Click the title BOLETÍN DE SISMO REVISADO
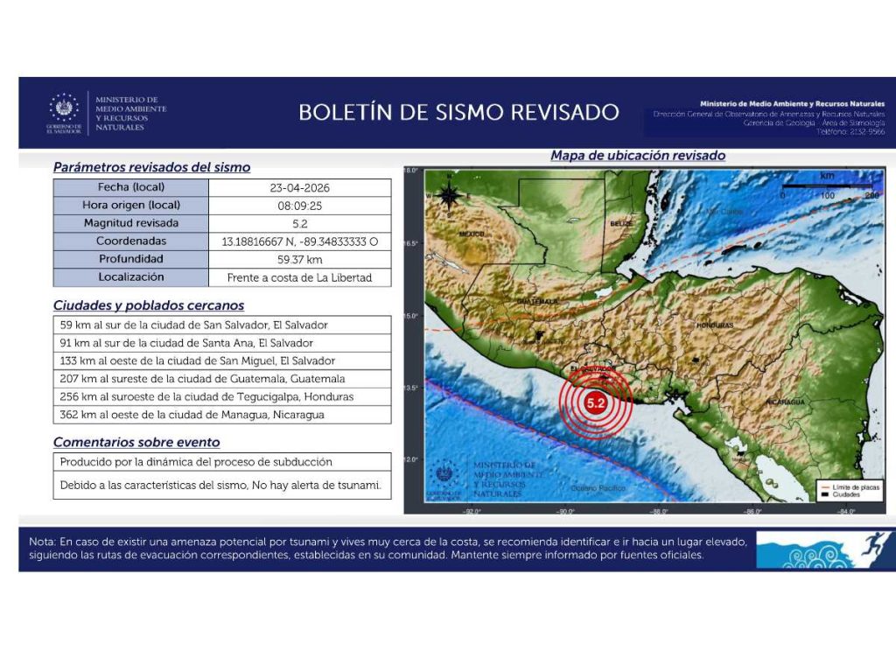[x=458, y=113]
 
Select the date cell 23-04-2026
[x=300, y=187]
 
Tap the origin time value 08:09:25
[x=300, y=206]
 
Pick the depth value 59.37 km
[x=300, y=259]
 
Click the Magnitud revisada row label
[x=131, y=223]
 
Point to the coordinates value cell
[x=300, y=241]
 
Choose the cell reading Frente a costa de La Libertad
[x=300, y=277]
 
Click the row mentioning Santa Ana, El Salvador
[x=222, y=343]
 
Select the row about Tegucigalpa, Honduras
[x=222, y=396]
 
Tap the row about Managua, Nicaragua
[x=222, y=415]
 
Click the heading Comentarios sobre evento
[x=136, y=442]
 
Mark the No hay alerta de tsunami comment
[x=222, y=485]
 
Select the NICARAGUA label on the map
[x=785, y=401]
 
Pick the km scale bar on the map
[x=826, y=186]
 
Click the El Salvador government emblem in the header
[x=65, y=110]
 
